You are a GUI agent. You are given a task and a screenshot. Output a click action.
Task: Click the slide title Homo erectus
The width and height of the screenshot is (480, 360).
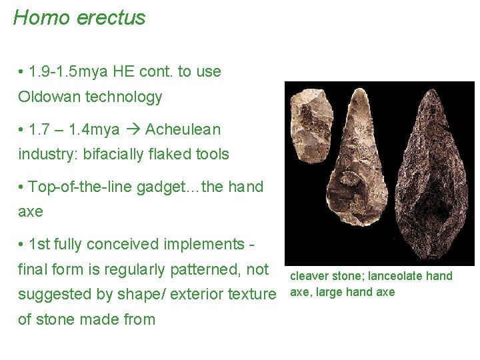tap(79, 18)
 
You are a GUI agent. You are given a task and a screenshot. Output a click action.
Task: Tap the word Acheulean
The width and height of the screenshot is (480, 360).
tap(183, 129)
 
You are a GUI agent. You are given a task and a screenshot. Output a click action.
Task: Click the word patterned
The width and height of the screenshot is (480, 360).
tap(207, 270)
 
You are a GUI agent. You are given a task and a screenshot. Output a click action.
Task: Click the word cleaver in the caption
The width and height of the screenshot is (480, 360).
tap(308, 276)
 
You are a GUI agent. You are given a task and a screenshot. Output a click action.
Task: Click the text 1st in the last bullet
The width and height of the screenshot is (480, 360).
tap(38, 245)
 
